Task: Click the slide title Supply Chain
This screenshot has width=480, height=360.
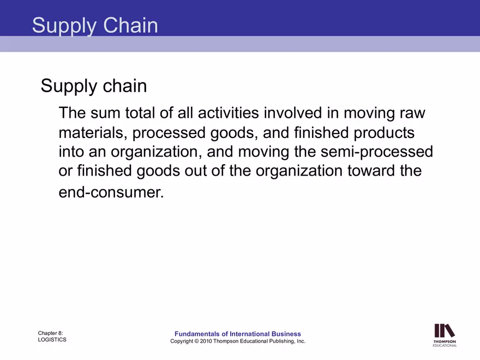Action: tap(95, 26)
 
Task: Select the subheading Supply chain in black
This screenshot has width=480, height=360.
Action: tap(94, 86)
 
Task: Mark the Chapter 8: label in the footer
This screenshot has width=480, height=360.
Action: tap(50, 332)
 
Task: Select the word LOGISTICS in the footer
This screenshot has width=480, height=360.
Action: tap(52, 340)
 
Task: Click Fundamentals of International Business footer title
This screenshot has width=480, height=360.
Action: tap(237, 334)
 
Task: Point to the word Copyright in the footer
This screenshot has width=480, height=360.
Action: tap(183, 341)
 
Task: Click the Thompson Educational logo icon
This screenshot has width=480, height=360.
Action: tap(445, 331)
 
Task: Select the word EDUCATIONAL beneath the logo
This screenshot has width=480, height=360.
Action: tap(445, 345)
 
